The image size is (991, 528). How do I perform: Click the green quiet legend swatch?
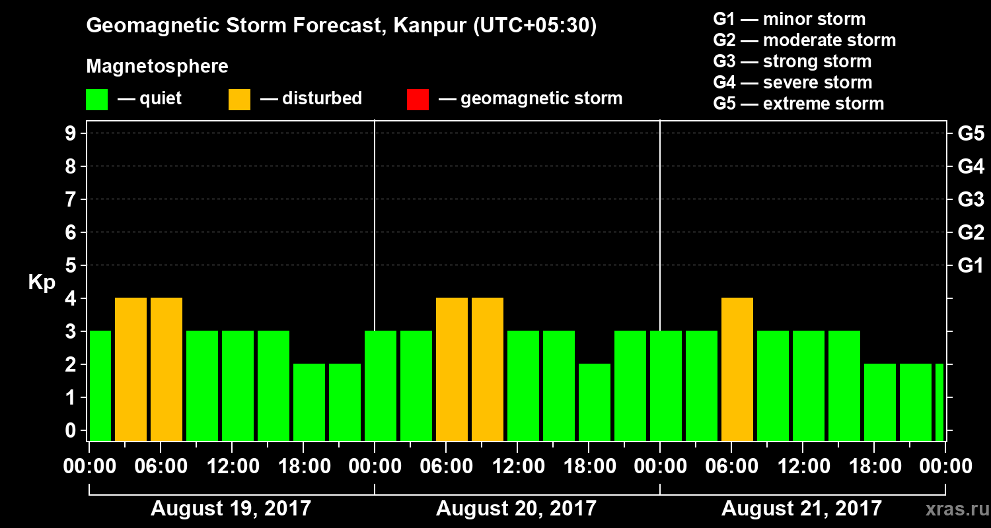click(96, 100)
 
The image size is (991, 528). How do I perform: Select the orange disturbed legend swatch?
click(239, 100)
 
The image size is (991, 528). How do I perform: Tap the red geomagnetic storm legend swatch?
click(418, 100)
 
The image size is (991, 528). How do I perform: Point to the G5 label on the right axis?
click(971, 134)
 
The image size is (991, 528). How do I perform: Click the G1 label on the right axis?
click(971, 266)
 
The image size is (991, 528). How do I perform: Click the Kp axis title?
click(42, 282)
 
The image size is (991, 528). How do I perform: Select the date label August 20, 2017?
click(516, 509)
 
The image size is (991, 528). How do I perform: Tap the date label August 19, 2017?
click(231, 509)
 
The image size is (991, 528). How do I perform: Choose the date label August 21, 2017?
click(801, 509)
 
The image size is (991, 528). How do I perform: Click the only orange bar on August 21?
click(737, 370)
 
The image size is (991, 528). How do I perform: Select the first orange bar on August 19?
click(131, 370)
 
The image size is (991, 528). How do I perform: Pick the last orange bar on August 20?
click(488, 370)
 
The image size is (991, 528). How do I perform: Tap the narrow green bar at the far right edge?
click(939, 402)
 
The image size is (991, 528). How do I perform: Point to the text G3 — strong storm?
click(792, 61)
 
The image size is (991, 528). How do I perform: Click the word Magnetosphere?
click(157, 67)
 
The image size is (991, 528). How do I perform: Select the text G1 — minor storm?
click(789, 19)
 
